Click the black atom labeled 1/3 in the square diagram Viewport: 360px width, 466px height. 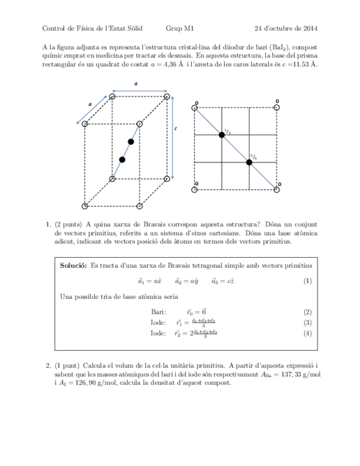tap(222, 135)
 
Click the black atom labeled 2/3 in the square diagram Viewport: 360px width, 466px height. tap(249, 162)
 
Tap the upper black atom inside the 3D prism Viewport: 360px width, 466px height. tap(131, 142)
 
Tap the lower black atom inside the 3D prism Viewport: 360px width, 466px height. tap(122, 159)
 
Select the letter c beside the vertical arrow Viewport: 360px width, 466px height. tap(176, 129)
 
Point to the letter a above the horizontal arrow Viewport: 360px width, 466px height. tap(136, 82)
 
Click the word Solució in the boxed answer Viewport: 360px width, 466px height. tap(73, 265)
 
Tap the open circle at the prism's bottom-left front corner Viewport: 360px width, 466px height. tap(85, 206)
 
